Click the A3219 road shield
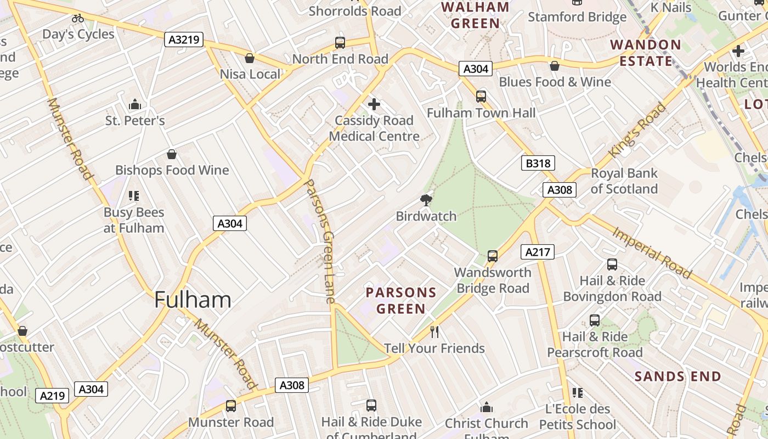click(184, 40)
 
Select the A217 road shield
click(537, 252)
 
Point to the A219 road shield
click(53, 396)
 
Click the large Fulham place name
click(193, 300)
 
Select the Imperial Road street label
click(652, 252)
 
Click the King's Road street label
click(637, 130)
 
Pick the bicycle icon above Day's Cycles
click(78, 18)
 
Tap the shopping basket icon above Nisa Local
click(250, 58)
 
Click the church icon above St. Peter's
click(135, 104)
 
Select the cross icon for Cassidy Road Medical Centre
click(374, 104)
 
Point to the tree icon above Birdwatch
click(426, 200)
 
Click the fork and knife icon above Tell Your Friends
click(434, 332)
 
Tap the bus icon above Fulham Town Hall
click(481, 97)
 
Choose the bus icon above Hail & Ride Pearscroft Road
click(595, 320)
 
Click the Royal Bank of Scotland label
click(624, 181)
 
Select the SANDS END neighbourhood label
click(677, 376)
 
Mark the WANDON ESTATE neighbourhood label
click(646, 53)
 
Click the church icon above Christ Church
click(487, 407)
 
